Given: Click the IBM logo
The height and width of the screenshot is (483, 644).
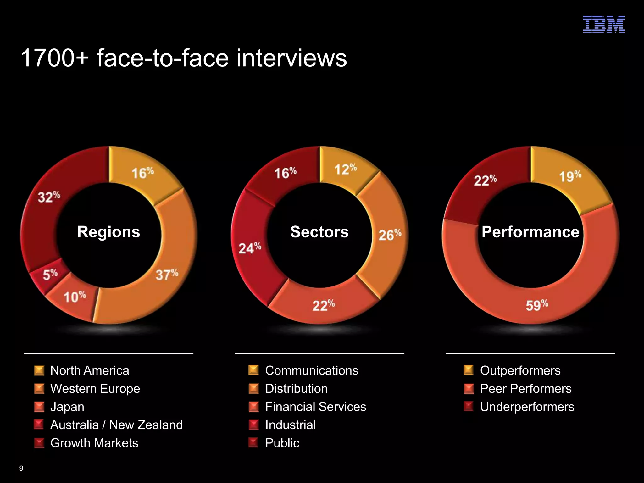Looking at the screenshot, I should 603,24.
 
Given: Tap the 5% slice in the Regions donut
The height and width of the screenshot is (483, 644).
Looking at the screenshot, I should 50,275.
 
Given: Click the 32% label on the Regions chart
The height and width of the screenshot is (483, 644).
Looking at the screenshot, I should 49,197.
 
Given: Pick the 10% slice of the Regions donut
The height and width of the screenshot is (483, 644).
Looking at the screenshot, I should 75,297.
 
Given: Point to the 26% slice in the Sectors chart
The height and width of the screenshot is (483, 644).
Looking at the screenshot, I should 390,235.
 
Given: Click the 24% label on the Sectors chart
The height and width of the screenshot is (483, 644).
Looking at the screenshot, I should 250,248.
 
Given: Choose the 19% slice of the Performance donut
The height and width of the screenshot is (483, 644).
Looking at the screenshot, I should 570,176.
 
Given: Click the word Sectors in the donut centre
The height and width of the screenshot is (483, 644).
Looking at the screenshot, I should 319,232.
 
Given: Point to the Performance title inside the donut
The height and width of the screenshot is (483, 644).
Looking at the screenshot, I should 530,232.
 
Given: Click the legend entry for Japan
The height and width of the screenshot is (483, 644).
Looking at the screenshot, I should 67,407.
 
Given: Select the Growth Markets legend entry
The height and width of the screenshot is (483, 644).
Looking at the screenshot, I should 94,443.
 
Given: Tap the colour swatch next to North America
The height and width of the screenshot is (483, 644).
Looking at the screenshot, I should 39,370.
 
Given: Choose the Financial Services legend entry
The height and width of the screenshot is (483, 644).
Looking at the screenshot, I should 315,407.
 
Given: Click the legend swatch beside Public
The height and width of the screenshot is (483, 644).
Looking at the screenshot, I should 253,443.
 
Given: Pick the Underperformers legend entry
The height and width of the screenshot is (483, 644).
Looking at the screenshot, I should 527,407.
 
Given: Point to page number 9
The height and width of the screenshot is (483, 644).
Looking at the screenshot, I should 21,468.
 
